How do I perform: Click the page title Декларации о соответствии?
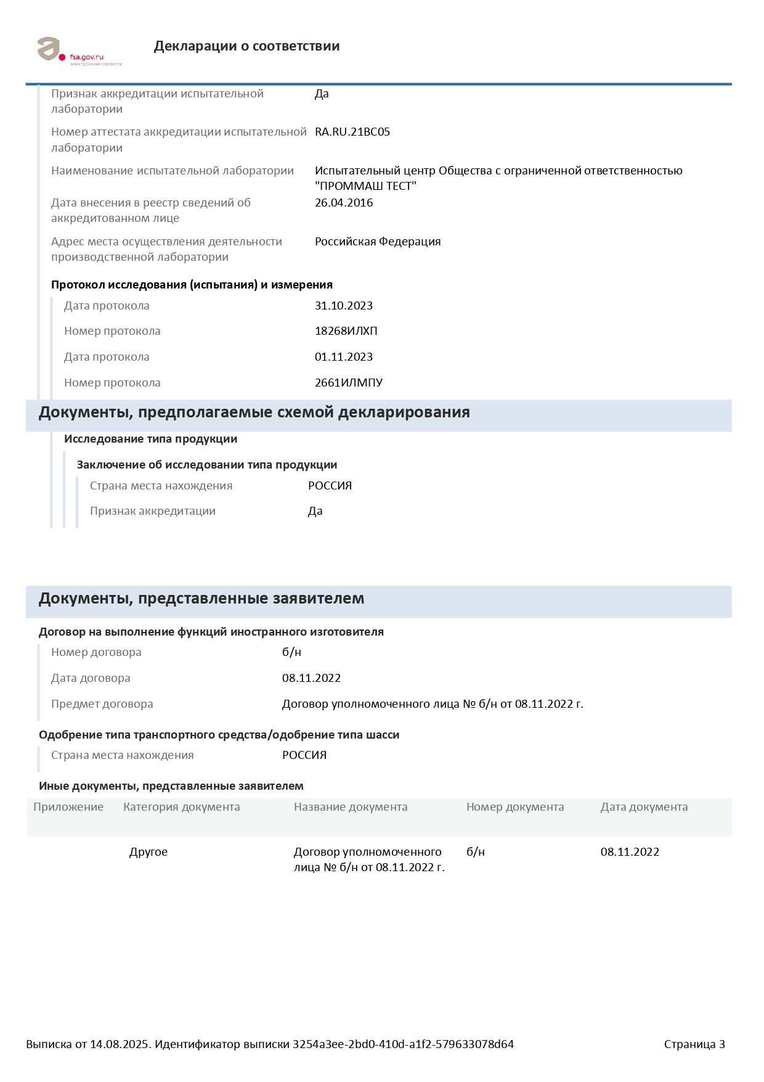(x=246, y=46)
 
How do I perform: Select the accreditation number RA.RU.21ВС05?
(x=352, y=132)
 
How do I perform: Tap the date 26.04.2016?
(x=343, y=203)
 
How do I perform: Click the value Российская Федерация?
(x=377, y=242)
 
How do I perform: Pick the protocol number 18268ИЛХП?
(x=346, y=331)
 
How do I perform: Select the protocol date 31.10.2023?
(x=343, y=306)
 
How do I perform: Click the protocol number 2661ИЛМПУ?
(x=348, y=383)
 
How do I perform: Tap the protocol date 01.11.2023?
(x=343, y=357)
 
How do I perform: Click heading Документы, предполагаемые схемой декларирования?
(x=254, y=412)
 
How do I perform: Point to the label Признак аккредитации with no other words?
(x=152, y=511)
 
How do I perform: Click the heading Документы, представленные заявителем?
(x=201, y=599)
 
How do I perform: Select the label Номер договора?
(x=96, y=652)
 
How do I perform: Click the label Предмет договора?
(x=102, y=704)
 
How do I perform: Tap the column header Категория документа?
(x=181, y=807)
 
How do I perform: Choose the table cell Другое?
(x=148, y=852)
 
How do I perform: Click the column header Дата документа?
(x=644, y=807)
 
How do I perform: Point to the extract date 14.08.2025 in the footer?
(x=120, y=1044)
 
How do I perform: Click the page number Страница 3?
(x=694, y=1044)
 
